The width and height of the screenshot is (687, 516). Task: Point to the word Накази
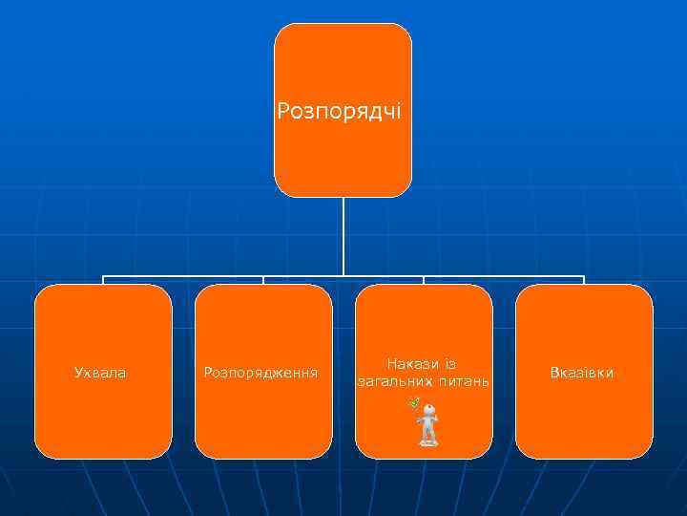(412, 363)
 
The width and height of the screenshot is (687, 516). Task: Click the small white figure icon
(429, 425)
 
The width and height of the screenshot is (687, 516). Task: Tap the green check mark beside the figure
(413, 403)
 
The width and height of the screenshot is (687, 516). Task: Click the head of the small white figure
(430, 411)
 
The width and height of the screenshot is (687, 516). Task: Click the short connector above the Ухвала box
(104, 281)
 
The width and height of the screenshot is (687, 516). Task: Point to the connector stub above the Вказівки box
(583, 281)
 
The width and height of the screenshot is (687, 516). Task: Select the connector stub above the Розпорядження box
(263, 281)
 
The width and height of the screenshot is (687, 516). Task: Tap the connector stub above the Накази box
(424, 281)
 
